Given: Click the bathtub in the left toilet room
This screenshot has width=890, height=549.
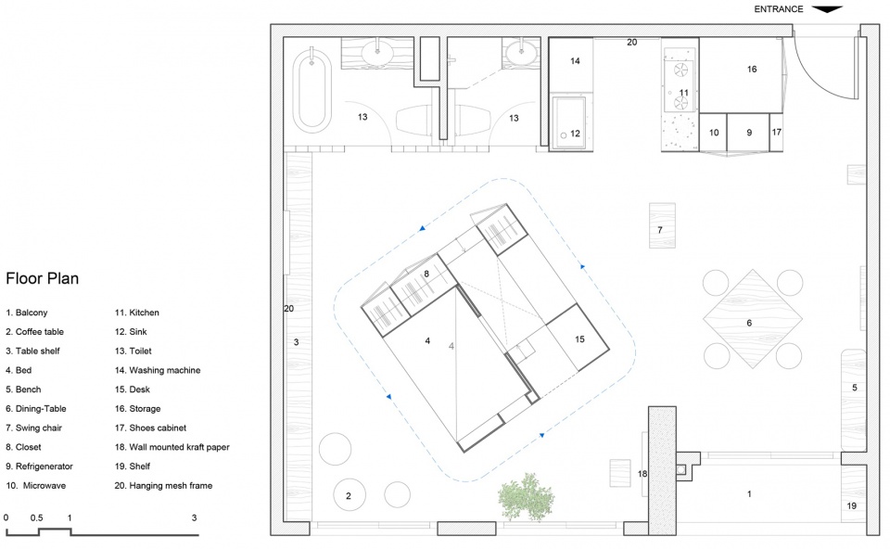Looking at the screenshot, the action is pyautogui.click(x=311, y=91).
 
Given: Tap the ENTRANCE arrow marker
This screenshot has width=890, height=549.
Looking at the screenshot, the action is pyautogui.click(x=828, y=9).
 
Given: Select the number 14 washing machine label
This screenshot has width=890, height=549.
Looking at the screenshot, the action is pyautogui.click(x=575, y=61).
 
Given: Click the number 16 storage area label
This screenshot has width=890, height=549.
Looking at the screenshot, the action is pyautogui.click(x=752, y=70).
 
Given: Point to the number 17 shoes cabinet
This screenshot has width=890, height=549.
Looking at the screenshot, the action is pyautogui.click(x=776, y=133).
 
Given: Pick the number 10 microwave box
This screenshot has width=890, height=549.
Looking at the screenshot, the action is pyautogui.click(x=713, y=133).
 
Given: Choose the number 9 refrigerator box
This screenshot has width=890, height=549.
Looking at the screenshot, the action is pyautogui.click(x=748, y=133).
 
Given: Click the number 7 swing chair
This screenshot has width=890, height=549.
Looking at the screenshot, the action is pyautogui.click(x=662, y=225).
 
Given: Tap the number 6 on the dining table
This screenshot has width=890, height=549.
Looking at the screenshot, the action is pyautogui.click(x=749, y=323).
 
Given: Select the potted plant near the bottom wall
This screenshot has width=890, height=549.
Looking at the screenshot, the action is pyautogui.click(x=527, y=497).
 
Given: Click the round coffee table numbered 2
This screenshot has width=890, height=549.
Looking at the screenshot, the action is pyautogui.click(x=349, y=495).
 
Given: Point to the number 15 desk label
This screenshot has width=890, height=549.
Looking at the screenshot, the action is pyautogui.click(x=579, y=339).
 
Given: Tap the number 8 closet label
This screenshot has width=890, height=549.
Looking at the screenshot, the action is pyautogui.click(x=426, y=274).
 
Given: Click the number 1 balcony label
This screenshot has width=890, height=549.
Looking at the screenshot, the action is pyautogui.click(x=749, y=494).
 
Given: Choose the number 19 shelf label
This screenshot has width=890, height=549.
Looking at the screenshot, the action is pyautogui.click(x=851, y=505).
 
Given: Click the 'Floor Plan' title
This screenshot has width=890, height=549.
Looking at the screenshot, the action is pyautogui.click(x=42, y=278).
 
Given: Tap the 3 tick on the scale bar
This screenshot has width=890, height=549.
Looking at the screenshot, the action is pyautogui.click(x=194, y=517).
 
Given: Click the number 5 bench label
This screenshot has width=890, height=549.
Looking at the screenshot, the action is pyautogui.click(x=854, y=388).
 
